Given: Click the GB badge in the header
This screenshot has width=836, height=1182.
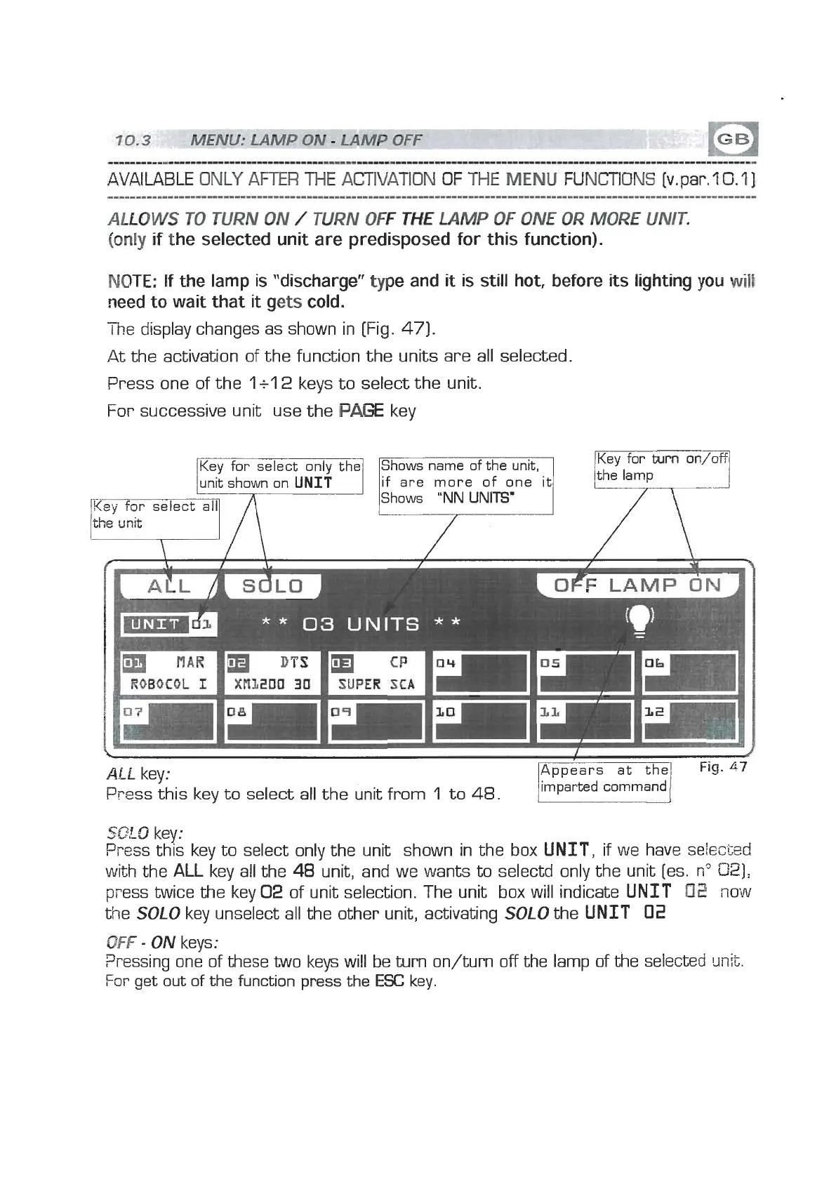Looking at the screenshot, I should [x=735, y=139].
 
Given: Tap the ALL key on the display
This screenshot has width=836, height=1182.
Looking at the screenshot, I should [x=168, y=586].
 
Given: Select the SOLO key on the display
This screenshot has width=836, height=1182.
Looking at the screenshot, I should [x=272, y=586].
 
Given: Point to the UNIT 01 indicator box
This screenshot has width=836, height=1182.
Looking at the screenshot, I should [x=169, y=624].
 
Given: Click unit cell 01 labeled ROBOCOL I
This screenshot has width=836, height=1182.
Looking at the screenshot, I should [x=166, y=673].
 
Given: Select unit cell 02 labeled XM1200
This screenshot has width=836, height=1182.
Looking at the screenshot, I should [x=271, y=673].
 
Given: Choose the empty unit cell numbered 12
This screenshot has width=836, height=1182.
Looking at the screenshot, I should [x=689, y=721].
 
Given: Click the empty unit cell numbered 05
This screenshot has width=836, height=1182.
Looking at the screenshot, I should [x=585, y=673].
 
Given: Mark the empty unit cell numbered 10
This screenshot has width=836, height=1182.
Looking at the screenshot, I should [x=480, y=721].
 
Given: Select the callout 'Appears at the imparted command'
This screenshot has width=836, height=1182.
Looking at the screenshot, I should [x=604, y=779].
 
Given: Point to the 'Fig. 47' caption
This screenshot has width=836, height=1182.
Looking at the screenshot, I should [x=723, y=767].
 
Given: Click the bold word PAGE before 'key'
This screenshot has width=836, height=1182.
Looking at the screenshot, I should [x=361, y=411].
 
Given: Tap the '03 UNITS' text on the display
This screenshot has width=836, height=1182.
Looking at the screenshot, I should [x=360, y=624].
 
